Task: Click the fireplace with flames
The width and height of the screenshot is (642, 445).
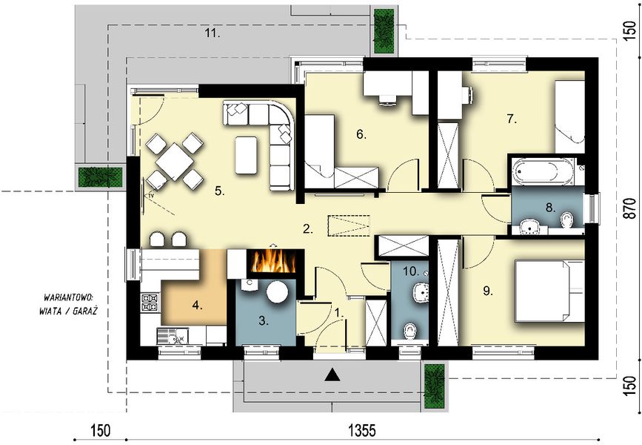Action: [275, 262]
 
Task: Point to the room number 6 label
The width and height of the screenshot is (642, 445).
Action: [361, 134]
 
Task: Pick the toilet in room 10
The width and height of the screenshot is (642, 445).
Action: [408, 331]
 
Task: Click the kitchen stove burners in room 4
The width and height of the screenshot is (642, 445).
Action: [150, 301]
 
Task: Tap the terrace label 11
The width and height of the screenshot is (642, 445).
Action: [213, 33]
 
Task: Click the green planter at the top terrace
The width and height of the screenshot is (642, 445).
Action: [384, 31]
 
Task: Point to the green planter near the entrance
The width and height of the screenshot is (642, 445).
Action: [433, 384]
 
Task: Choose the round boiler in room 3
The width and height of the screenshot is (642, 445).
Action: [278, 291]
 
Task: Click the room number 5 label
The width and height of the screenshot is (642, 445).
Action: [219, 191]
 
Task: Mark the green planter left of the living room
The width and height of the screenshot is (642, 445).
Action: [100, 177]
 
